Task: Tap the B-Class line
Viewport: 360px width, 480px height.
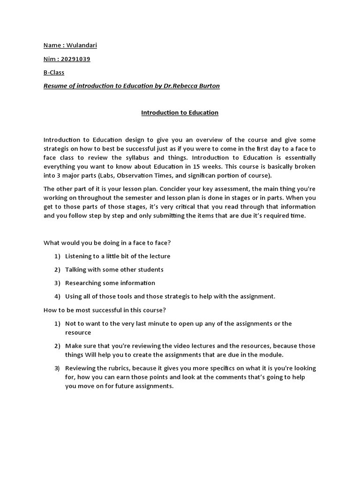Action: (54, 73)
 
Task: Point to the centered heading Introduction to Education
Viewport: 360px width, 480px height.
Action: (180, 113)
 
